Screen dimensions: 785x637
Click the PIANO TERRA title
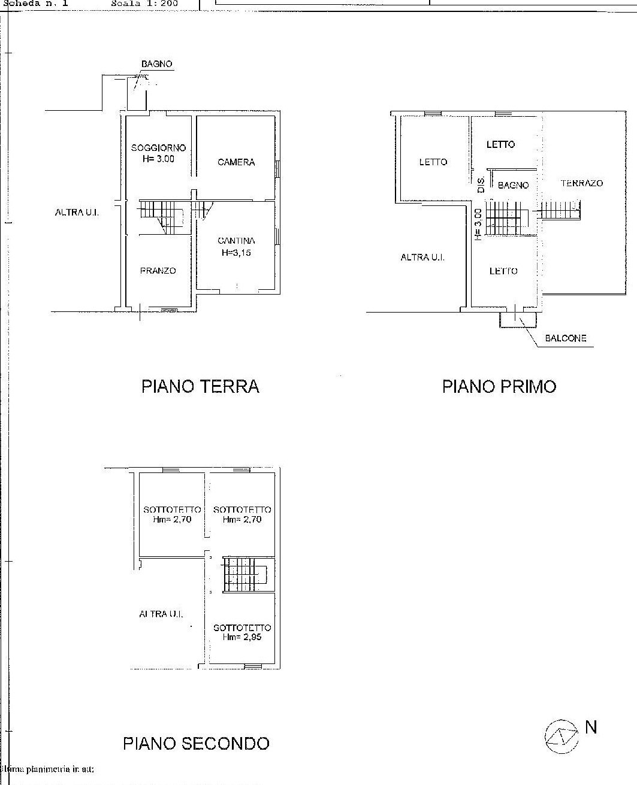pyautogui.click(x=200, y=386)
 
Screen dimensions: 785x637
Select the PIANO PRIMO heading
pyautogui.click(x=499, y=386)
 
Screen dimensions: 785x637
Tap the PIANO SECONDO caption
pyautogui.click(x=196, y=744)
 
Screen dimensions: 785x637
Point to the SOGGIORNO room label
pyautogui.click(x=158, y=148)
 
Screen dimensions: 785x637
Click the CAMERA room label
pyautogui.click(x=236, y=162)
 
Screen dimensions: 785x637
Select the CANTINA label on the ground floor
pyautogui.click(x=236, y=241)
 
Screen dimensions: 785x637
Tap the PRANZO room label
pyautogui.click(x=158, y=271)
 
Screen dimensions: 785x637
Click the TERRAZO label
pyautogui.click(x=581, y=183)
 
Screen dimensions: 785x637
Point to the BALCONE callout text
pyautogui.click(x=565, y=338)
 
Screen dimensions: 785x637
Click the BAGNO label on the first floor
pyautogui.click(x=514, y=186)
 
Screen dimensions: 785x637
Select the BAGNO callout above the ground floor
pyautogui.click(x=157, y=64)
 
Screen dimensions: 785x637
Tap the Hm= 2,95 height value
pyautogui.click(x=242, y=637)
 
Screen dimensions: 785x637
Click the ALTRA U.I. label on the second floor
pyautogui.click(x=161, y=614)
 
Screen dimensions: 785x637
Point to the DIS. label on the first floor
pyautogui.click(x=480, y=184)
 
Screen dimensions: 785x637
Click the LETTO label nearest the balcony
pyautogui.click(x=503, y=271)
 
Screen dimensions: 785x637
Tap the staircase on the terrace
pyautogui.click(x=561, y=210)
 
